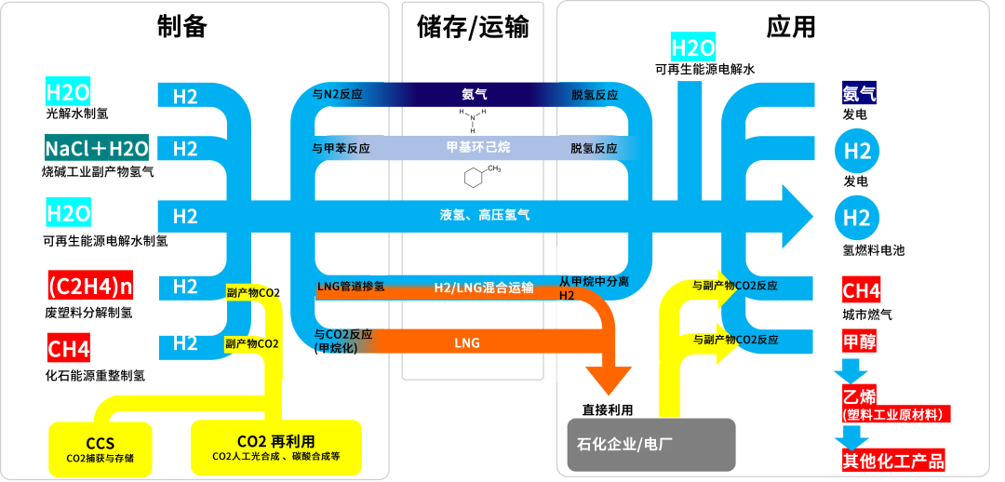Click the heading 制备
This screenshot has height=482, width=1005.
181,27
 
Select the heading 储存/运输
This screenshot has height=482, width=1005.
473,28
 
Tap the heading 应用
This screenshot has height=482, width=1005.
791,27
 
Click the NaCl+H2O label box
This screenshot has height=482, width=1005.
96,148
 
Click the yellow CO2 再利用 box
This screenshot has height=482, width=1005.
276,447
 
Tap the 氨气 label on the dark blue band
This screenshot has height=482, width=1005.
474,94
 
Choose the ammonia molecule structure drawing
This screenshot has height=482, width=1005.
473,120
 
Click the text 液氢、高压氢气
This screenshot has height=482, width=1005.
485,215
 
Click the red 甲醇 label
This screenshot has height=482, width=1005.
859,341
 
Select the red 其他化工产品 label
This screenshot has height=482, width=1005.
892,460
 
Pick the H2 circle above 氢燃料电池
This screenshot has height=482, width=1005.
856,218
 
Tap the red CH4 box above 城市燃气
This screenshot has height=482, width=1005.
861,290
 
